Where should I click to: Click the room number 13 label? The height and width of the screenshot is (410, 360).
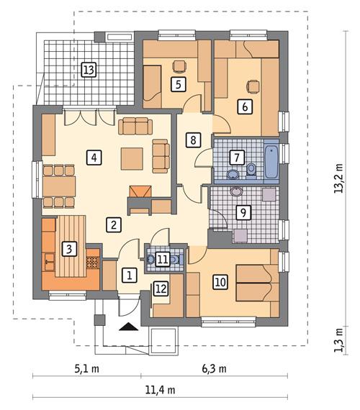point(89,70)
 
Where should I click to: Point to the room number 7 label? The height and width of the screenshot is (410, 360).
point(235,156)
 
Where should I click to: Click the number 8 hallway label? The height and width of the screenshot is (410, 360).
point(192,140)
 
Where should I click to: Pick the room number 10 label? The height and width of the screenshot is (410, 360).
point(220,282)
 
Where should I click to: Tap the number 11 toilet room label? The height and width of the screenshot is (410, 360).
point(163,259)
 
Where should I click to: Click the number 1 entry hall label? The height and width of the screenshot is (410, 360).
point(129,274)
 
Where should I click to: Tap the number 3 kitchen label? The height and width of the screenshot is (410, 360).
point(68,249)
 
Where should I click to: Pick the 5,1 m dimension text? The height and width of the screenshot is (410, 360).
point(87,370)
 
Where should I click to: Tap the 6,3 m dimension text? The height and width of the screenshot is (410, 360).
point(214,370)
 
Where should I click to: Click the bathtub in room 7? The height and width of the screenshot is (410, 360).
point(273,161)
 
